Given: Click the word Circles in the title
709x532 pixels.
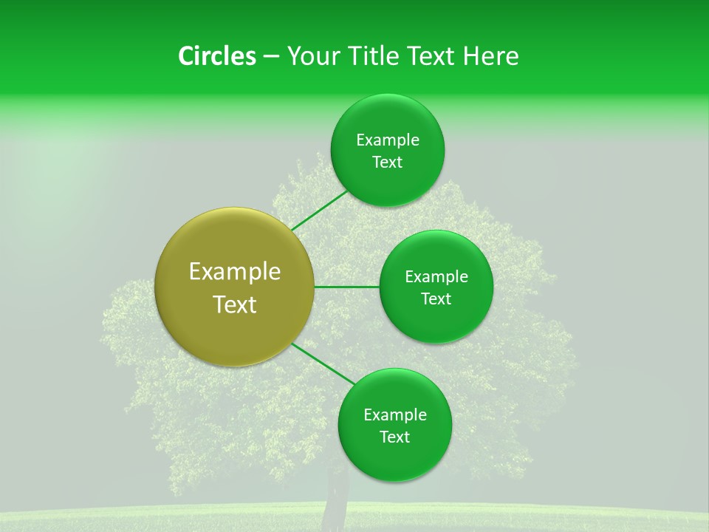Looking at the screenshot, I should (x=216, y=56).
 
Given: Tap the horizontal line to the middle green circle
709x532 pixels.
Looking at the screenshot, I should (x=346, y=286).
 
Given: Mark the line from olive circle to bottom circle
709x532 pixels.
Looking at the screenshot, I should (x=322, y=364).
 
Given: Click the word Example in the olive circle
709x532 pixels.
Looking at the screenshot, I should (x=235, y=272).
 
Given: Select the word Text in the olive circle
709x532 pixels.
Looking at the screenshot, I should (x=235, y=304).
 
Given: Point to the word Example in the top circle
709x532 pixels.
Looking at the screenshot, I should (x=387, y=140).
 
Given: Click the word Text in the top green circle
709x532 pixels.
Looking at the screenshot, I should (x=387, y=163).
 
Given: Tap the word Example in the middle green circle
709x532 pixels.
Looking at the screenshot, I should (x=436, y=277).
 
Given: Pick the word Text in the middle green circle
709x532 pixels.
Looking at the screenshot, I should (x=436, y=299).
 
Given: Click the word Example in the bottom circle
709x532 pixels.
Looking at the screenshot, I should (x=394, y=415).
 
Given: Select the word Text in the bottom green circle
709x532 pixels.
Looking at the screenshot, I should (x=394, y=437).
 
